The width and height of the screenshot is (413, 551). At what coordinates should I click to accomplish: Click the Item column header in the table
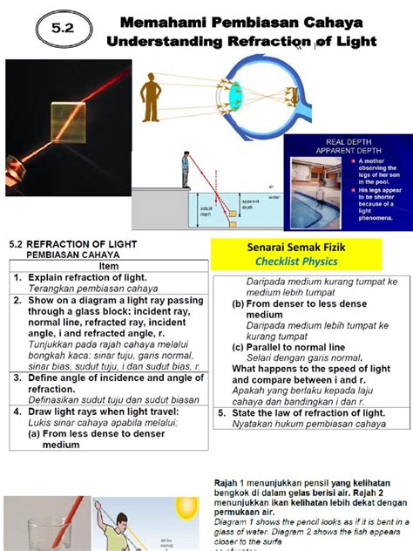[109, 266]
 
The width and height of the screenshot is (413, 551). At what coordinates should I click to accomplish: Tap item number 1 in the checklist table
[15, 278]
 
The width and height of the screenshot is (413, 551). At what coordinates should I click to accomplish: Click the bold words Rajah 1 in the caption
[229, 481]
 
